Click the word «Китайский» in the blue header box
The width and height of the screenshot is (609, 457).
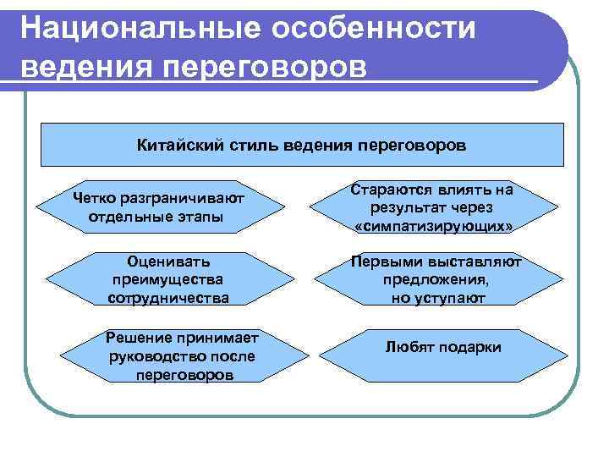tap(178, 145)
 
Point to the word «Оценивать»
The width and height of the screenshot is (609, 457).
tap(168, 262)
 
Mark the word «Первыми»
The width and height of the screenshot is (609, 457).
tap(387, 262)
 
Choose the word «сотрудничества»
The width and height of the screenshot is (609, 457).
tap(168, 298)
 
